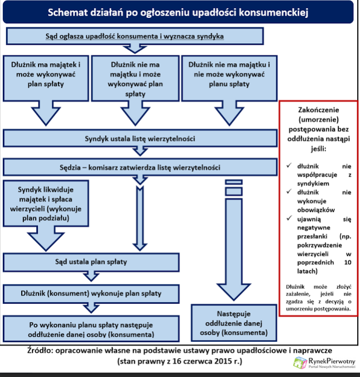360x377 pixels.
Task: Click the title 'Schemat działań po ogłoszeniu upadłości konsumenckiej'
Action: point(178,12)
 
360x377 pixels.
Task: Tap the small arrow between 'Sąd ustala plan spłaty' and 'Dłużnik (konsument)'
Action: point(89,276)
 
